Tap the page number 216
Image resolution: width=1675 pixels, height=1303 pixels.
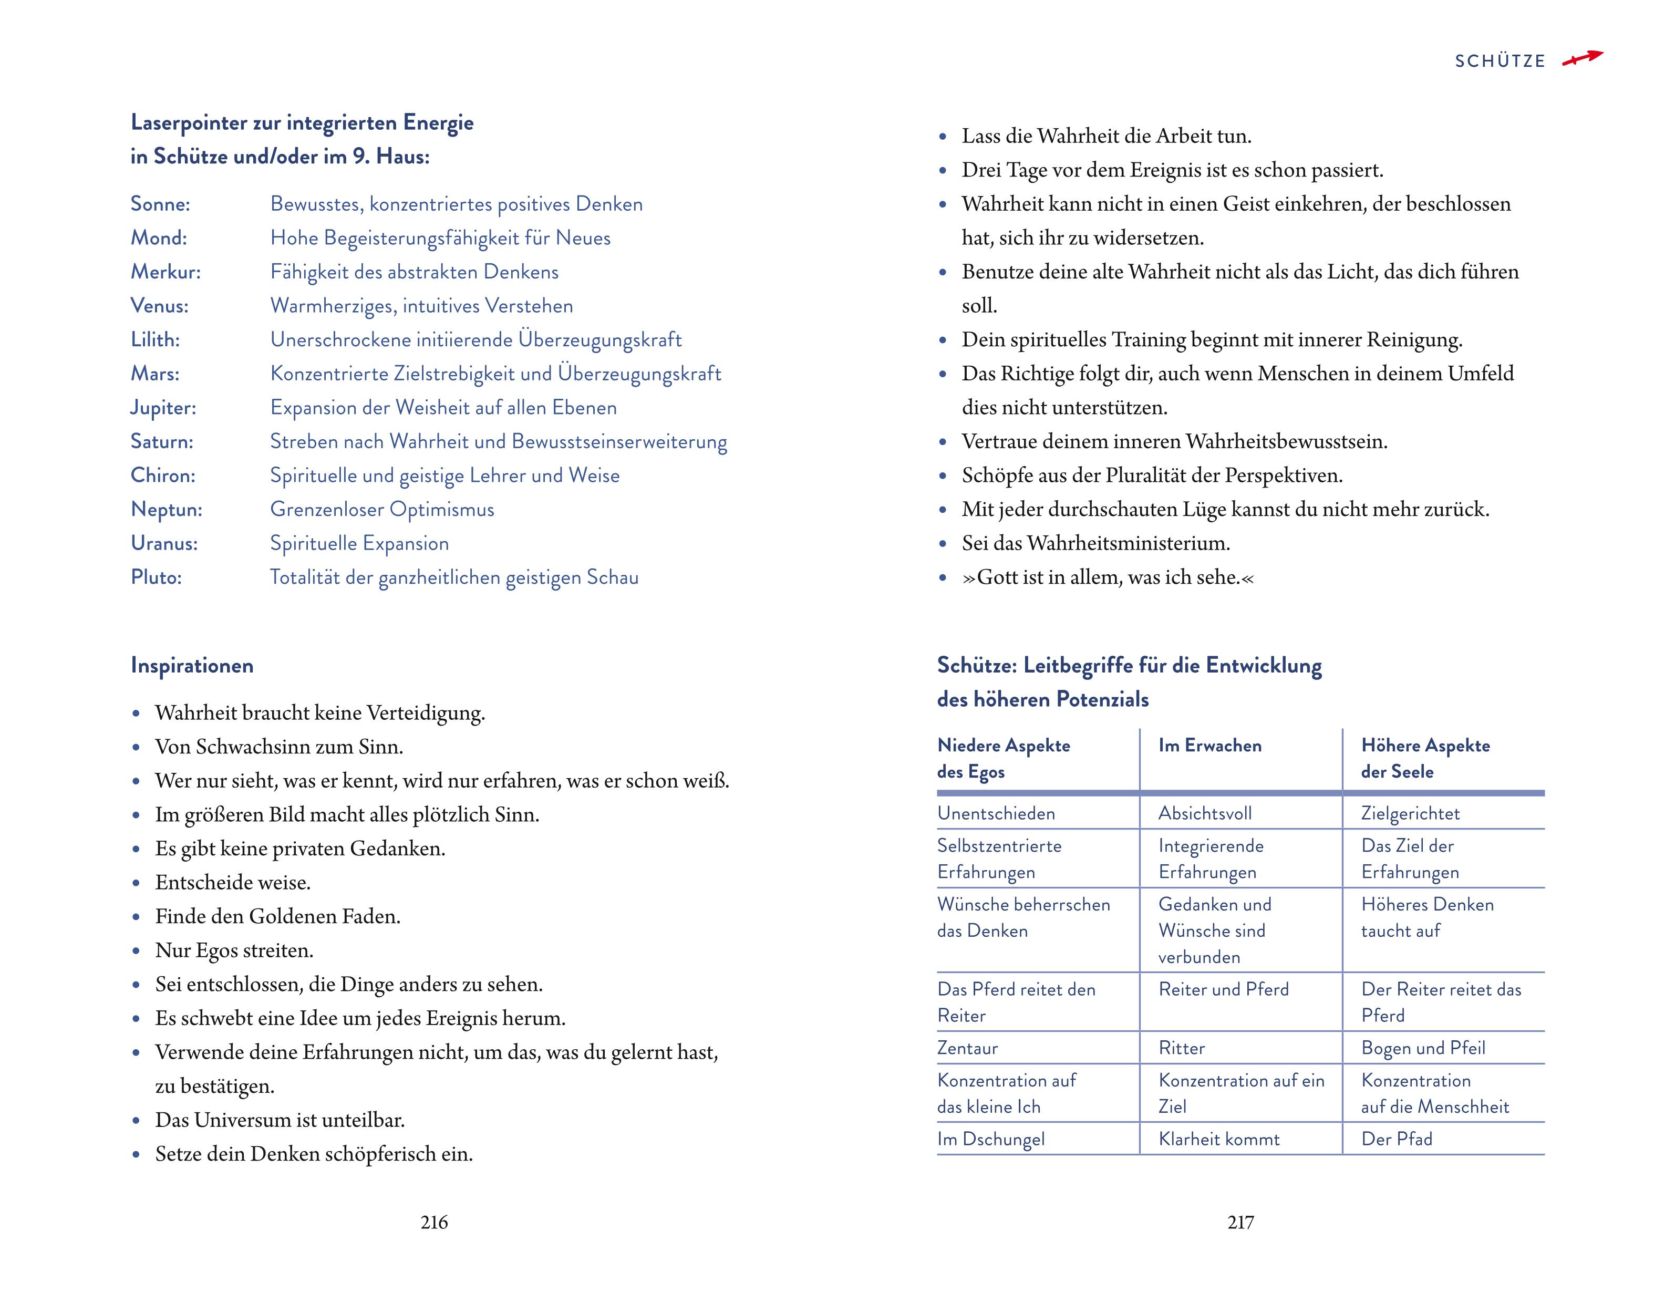coord(434,1222)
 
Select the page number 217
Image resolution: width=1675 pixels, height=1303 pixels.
coord(1240,1222)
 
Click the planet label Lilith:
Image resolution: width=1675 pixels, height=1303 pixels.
coord(155,340)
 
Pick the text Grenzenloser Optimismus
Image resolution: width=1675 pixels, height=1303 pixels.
coord(382,509)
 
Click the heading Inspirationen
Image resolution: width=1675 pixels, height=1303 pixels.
coord(192,665)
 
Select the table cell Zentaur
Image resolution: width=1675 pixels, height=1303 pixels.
coord(967,1048)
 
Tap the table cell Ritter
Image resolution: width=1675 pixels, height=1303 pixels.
coord(1181,1048)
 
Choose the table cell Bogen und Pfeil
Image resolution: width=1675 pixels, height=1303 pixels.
coord(1423,1048)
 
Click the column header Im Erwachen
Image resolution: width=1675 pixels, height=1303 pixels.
coord(1209,746)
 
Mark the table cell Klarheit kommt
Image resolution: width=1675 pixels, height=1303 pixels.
coord(1218,1139)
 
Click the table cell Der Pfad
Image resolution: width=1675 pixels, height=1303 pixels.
coord(1397,1139)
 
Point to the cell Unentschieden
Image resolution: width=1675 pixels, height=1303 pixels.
coord(996,813)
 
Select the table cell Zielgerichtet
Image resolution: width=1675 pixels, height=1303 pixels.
coord(1410,813)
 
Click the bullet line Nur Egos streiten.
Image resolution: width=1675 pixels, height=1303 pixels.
coord(234,950)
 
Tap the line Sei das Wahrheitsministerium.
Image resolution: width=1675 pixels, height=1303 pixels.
coord(1095,543)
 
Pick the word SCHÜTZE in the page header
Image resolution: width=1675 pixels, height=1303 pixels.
coord(1500,61)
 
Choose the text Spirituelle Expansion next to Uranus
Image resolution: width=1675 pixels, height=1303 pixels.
coord(359,543)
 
